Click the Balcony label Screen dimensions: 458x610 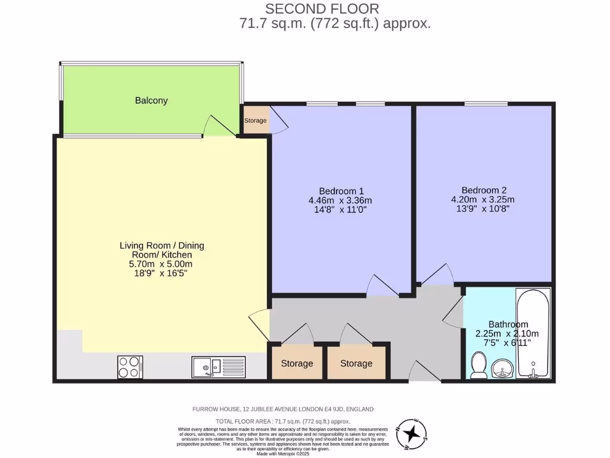pos(151,101)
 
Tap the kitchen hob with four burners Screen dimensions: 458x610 pos(130,366)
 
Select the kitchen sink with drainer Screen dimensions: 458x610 pos(218,367)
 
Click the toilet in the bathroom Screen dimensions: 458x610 pos(478,365)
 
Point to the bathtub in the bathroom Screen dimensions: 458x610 pos(533,334)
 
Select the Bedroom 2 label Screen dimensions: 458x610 pos(483,190)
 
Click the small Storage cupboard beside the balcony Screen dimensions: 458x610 pos(256,121)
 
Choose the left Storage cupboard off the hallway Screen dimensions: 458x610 pos(297,363)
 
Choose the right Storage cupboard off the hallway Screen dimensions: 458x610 pos(356,363)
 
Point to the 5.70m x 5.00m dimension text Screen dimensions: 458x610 pos(161,264)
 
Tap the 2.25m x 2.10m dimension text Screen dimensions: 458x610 pos(506,334)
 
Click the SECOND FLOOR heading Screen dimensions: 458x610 pos(322,9)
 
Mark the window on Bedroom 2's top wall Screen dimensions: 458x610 pos(485,104)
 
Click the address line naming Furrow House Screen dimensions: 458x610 pos(282,409)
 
